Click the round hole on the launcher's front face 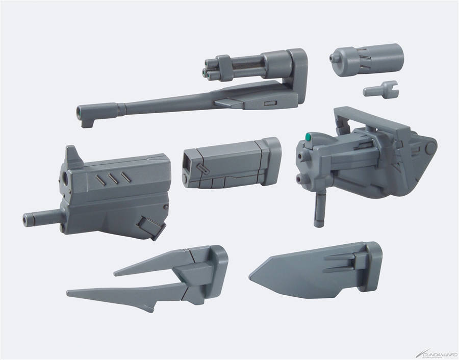coord(68,181)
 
